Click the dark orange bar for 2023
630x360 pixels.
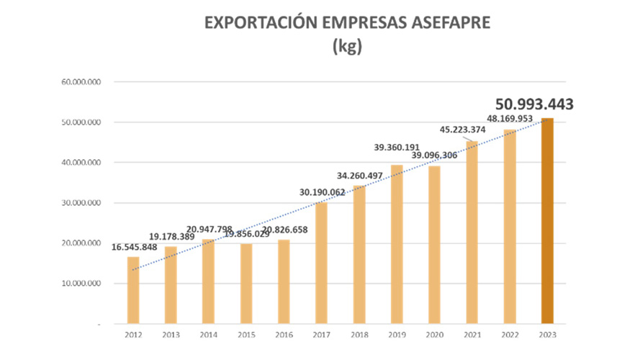point(547,220)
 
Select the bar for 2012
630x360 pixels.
point(133,290)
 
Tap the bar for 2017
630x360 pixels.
point(321,263)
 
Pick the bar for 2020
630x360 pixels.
point(434,245)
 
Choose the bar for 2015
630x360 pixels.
point(246,284)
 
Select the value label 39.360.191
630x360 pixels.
point(397,148)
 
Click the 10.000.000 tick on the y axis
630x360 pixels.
point(81,284)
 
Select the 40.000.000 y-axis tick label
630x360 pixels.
point(81,163)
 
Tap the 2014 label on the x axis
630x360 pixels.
point(208,335)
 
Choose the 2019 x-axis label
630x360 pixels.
point(397,335)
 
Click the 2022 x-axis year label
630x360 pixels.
point(510,335)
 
